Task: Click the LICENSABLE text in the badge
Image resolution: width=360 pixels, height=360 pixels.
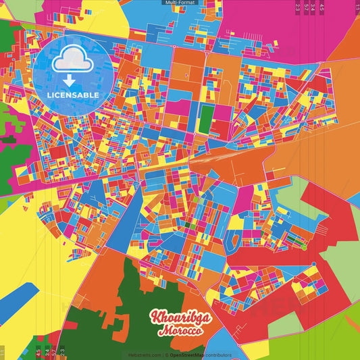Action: pos(72,95)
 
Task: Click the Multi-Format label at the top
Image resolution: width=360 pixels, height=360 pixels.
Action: pos(180,3)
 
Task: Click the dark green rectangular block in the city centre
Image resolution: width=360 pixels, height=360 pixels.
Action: pos(205,118)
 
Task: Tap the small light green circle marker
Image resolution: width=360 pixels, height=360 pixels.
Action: pos(305,248)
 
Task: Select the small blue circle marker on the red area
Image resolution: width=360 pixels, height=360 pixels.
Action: pos(313,264)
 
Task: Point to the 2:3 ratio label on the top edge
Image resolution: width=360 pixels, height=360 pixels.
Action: pos(298,7)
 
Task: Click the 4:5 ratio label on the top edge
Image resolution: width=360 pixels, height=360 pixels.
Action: pos(322,7)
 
